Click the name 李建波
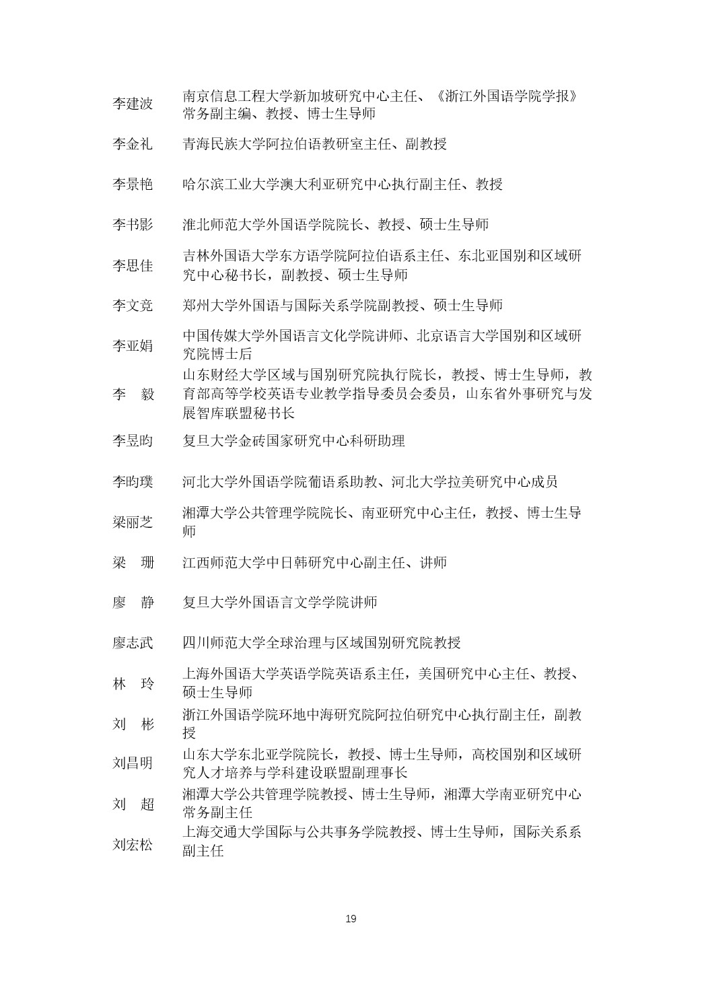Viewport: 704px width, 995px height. (133, 104)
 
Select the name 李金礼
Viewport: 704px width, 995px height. (133, 144)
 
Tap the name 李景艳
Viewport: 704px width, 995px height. (133, 184)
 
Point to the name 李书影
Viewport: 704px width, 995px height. (133, 225)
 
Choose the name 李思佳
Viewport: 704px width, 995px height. (133, 266)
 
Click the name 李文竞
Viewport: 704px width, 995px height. (133, 306)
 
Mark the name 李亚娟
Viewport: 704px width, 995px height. (133, 346)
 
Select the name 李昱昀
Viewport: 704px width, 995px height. (133, 441)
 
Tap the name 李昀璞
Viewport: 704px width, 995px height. (133, 482)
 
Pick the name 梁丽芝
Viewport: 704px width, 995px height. (133, 522)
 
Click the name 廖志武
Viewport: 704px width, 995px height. (133, 643)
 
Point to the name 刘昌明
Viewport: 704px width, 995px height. (133, 763)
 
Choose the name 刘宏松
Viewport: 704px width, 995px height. (133, 845)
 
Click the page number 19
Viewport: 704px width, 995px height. (351, 919)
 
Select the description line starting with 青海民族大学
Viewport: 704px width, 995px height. (314, 144)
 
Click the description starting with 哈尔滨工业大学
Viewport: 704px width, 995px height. (343, 184)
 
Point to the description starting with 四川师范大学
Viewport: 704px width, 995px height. (322, 643)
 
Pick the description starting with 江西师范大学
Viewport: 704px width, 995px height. (314, 563)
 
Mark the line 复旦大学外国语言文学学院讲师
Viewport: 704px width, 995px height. (279, 603)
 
